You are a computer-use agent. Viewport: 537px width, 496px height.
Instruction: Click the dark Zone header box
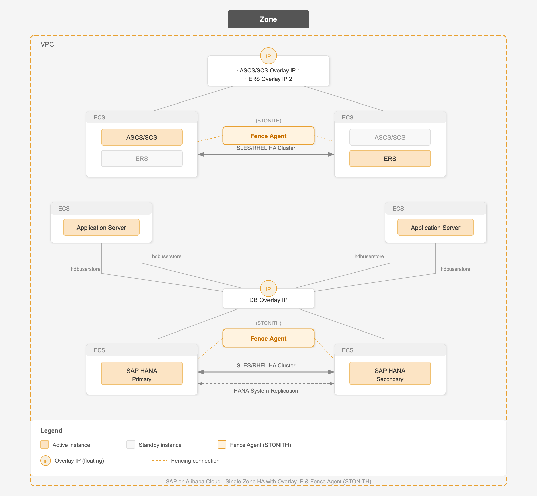(x=268, y=19)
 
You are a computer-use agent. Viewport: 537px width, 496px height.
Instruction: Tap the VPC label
(x=47, y=44)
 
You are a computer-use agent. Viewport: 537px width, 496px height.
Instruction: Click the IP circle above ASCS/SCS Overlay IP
(x=268, y=56)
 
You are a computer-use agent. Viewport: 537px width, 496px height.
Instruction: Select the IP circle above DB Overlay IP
(x=268, y=288)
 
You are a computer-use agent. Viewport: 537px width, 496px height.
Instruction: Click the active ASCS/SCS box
(x=142, y=137)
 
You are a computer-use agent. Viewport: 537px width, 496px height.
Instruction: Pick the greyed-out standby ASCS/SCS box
(x=390, y=137)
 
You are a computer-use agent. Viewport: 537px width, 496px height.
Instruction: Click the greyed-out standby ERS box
(x=142, y=158)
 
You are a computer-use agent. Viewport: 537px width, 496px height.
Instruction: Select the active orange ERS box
(x=390, y=158)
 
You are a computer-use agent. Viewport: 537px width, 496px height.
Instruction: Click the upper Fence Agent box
(x=268, y=136)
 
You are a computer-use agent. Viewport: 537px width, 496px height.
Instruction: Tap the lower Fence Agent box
(x=268, y=338)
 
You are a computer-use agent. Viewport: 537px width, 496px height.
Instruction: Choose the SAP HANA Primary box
(x=142, y=373)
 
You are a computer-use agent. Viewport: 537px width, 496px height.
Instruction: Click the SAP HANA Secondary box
(x=390, y=373)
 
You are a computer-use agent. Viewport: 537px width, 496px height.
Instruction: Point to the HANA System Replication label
(x=266, y=391)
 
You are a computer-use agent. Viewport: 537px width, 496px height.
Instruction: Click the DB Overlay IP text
(x=268, y=300)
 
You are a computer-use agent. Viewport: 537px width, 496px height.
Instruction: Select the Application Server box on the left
(x=101, y=227)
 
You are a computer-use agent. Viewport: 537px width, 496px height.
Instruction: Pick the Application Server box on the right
(x=435, y=227)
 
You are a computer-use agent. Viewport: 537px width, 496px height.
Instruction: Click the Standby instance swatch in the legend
(x=130, y=444)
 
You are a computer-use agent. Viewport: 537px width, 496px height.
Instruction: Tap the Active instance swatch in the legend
(x=45, y=444)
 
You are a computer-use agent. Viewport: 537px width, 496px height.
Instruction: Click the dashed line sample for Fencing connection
(x=160, y=461)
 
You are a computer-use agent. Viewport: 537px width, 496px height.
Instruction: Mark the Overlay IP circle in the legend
(x=46, y=461)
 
